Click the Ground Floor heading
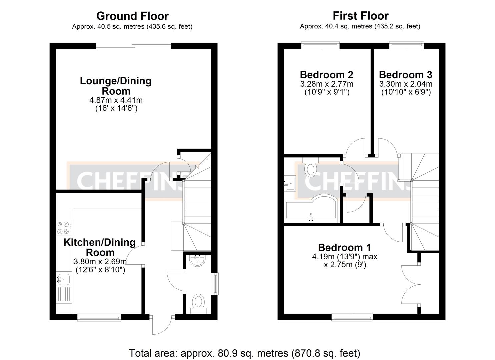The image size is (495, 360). coord(132,16)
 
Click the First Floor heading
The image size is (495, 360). coord(360,16)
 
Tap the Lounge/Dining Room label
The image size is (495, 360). coord(116,86)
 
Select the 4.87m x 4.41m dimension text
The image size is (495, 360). coord(116,100)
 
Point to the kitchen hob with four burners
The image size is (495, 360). coord(63,228)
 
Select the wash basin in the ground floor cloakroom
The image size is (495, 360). coord(199,260)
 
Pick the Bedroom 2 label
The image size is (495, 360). coord(326,75)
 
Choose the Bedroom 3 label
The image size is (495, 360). coord(405,75)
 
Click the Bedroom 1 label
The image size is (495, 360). coord(344,247)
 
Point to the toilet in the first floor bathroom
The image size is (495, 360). coord(311,167)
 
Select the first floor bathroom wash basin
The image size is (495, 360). coord(290,183)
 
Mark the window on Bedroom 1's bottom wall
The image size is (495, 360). coord(352,317)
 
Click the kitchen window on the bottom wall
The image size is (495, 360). coord(99,317)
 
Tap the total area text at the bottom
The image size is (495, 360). coord(244,353)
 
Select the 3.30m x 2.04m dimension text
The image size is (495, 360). coord(406,84)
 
